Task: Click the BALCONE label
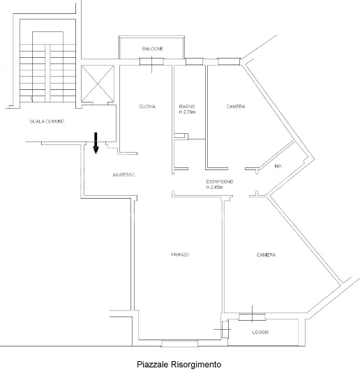point(153,49)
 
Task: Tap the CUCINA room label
point(147,107)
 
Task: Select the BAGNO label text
point(187,107)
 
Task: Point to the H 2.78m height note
point(188,112)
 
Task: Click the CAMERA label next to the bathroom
point(236,107)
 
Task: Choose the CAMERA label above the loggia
point(267,254)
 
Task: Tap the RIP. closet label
point(278,167)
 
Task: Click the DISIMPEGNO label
point(220,182)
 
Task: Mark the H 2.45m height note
point(214,188)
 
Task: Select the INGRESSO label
point(123,175)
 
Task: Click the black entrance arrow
point(96,143)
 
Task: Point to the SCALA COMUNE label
point(47,121)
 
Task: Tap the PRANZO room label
point(180,254)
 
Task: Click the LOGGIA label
point(261,332)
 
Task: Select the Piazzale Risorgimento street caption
point(179,364)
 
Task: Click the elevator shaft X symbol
point(98,84)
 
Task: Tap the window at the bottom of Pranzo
point(180,344)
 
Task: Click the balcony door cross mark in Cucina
point(152,64)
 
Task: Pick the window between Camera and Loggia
point(252,317)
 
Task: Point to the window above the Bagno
point(194,61)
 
